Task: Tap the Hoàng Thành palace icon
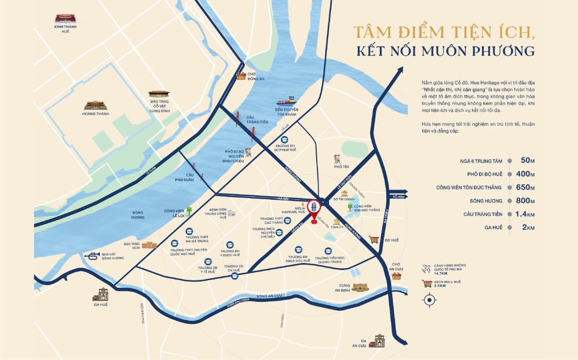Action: click(95, 105)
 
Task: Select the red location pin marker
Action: click(314, 212)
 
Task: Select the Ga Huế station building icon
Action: click(101, 293)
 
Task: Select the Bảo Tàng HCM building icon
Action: click(150, 245)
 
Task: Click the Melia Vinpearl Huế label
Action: click(296, 208)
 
